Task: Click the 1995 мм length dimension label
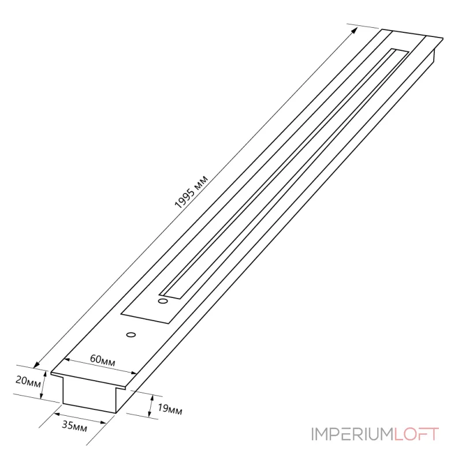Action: pos(191,192)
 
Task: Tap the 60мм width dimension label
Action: pos(103,360)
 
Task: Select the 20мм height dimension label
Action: pos(28,381)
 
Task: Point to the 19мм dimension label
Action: pos(170,409)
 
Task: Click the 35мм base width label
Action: pos(74,426)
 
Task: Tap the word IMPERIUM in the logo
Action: pos(352,434)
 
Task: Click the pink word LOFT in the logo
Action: pos(416,434)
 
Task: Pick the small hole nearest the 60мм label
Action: pos(131,335)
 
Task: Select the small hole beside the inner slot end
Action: pos(163,301)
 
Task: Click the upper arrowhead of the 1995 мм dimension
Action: pos(355,31)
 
